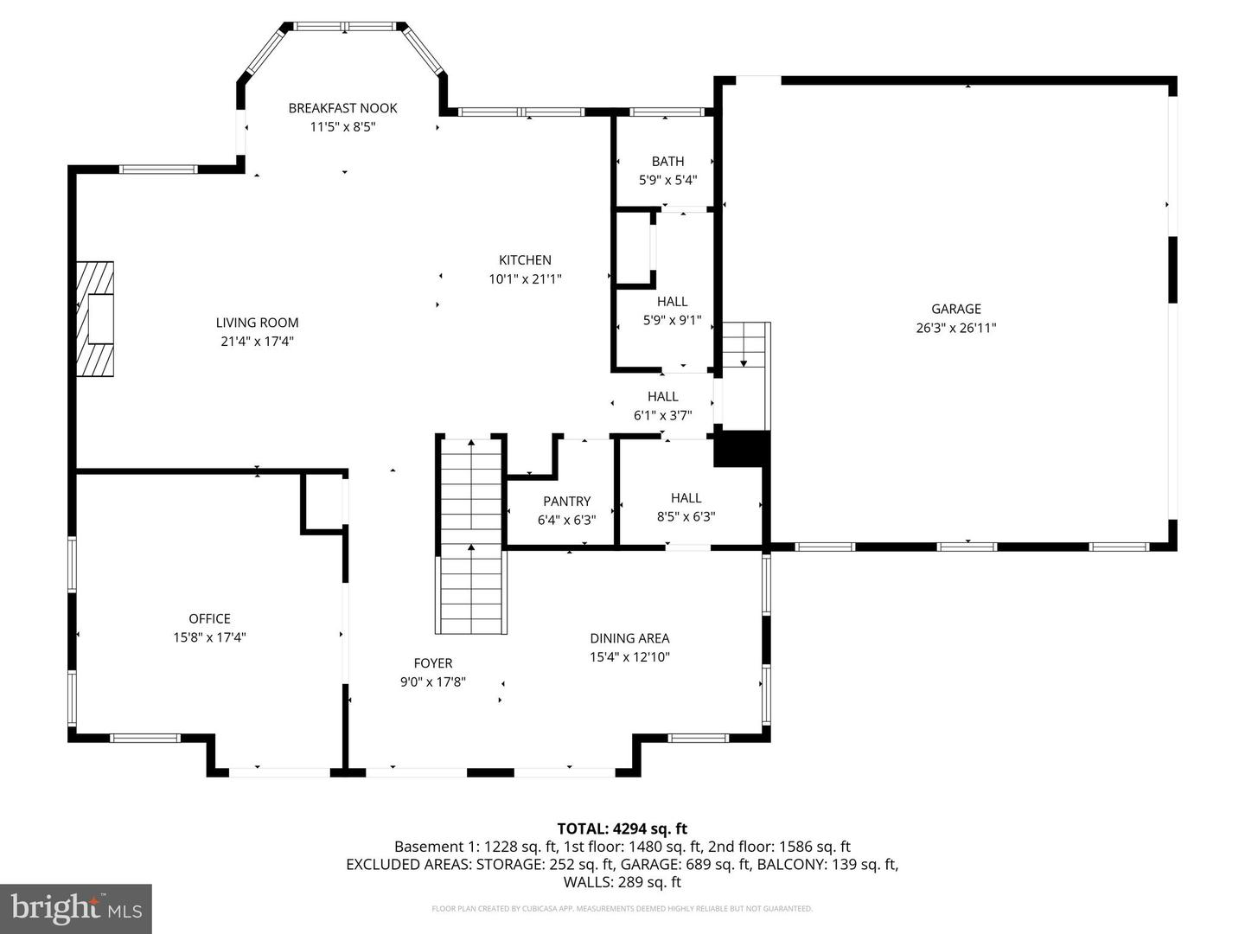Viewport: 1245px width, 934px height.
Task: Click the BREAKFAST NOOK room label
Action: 342,108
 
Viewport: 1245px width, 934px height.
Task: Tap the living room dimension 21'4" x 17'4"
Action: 257,342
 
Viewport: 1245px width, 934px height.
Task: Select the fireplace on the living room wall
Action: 95,319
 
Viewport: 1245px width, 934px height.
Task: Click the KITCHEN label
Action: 525,260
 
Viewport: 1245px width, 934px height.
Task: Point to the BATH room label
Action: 667,162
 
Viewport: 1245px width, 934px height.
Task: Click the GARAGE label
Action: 955,309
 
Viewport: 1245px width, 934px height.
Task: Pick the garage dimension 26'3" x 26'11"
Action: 955,328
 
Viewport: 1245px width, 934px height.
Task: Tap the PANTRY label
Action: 566,502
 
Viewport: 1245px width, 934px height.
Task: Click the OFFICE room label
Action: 209,619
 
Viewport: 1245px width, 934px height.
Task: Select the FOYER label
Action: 432,663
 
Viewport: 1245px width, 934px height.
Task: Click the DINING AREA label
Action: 629,638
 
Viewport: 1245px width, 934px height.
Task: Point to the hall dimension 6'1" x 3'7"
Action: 662,415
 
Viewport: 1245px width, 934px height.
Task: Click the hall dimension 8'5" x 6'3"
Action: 686,517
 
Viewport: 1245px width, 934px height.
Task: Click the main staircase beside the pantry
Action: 470,536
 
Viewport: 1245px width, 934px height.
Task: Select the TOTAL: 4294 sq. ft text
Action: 622,828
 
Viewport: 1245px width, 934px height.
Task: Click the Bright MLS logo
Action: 75,908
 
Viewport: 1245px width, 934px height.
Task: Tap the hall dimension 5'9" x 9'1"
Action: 672,320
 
